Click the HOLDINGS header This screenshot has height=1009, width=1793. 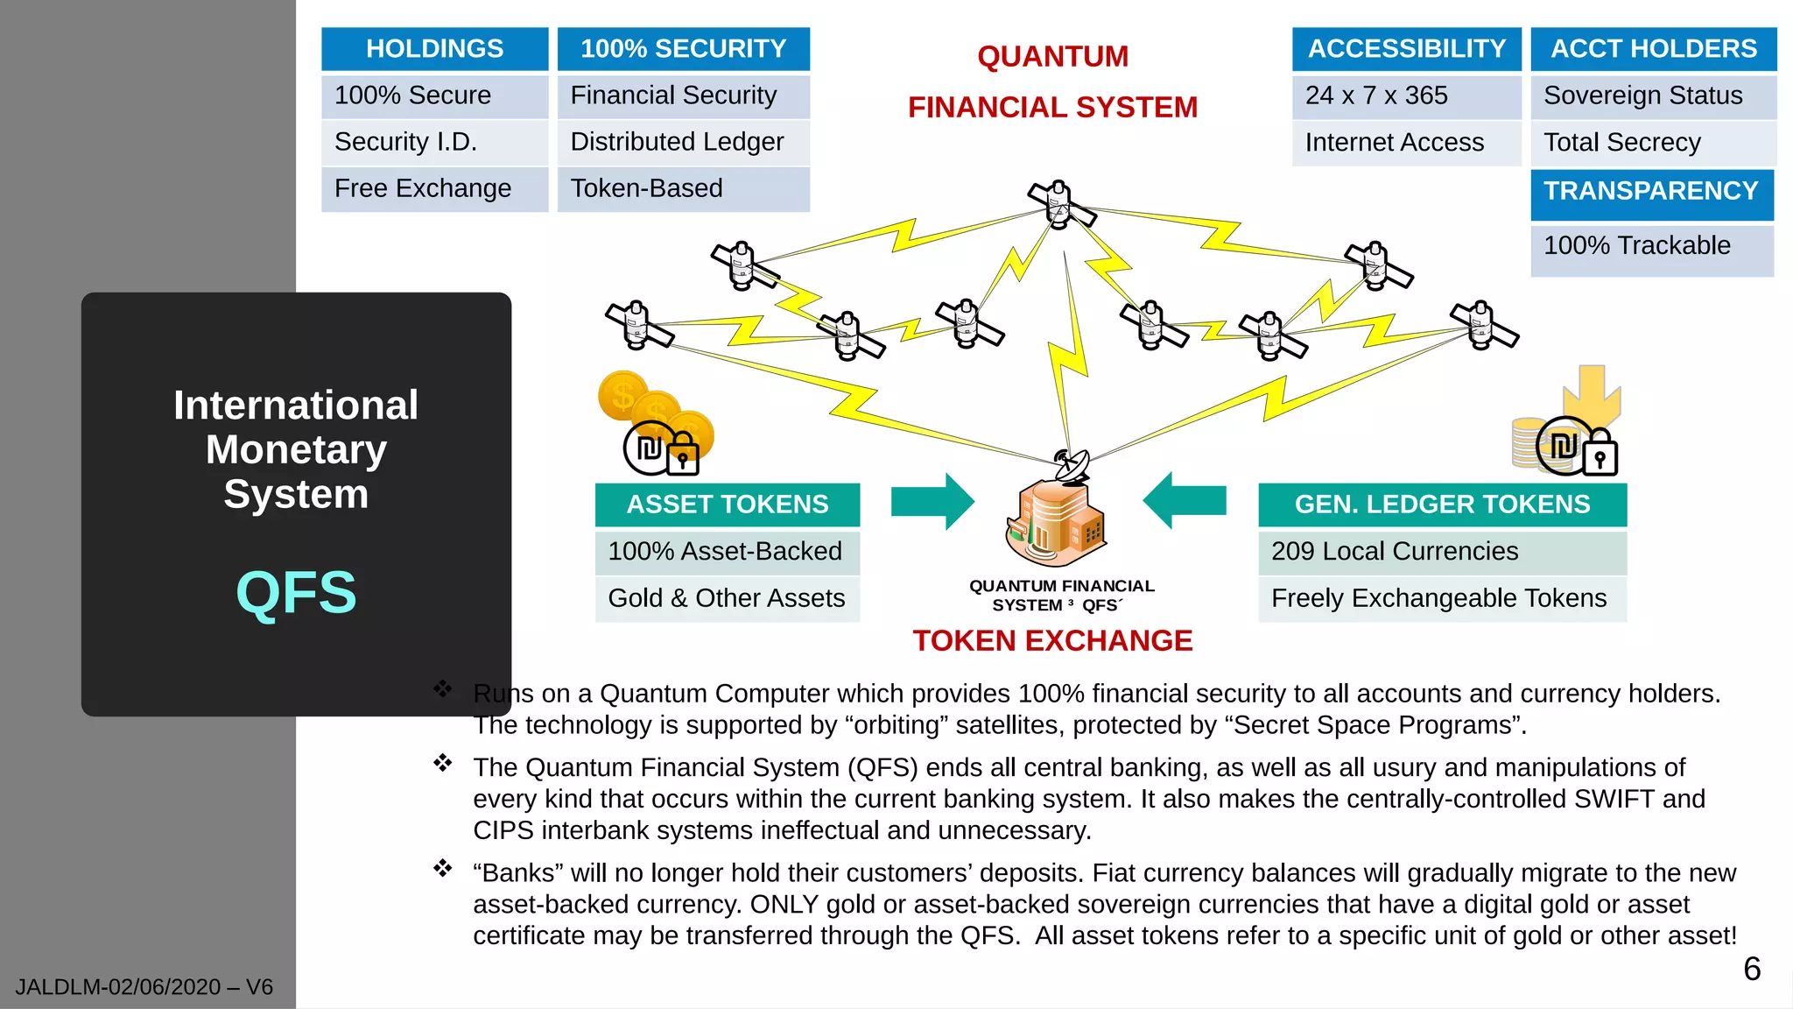(x=434, y=48)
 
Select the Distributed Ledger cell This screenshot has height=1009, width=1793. (x=683, y=142)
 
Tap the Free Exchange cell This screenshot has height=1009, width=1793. (x=434, y=188)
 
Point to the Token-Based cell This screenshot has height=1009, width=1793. (x=683, y=188)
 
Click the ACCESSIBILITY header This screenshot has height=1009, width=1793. (x=1406, y=48)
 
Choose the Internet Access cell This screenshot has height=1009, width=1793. (x=1406, y=142)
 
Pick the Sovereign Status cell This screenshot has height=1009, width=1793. (x=1653, y=95)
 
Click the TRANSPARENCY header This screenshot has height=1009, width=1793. (x=1651, y=192)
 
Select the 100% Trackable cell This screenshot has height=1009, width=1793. (x=1651, y=246)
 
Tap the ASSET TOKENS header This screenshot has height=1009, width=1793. (x=727, y=504)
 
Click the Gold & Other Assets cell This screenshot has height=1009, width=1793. (x=727, y=598)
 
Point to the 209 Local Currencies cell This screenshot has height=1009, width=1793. (x=1442, y=551)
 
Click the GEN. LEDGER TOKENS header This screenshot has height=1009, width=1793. (x=1442, y=504)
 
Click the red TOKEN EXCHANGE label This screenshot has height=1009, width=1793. (x=1052, y=641)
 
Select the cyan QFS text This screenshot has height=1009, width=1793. (x=296, y=593)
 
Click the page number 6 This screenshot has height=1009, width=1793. (x=1752, y=969)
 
